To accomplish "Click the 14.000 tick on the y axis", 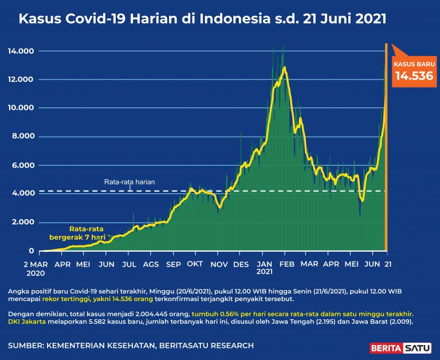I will pyautogui.click(x=21, y=52).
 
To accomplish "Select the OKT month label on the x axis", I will pyautogui.click(x=195, y=264).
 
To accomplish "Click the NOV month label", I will pyautogui.click(x=218, y=264).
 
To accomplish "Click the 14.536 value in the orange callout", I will pyautogui.click(x=412, y=76).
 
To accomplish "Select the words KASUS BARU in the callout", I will pyautogui.click(x=412, y=64).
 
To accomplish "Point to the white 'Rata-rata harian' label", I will pyautogui.click(x=129, y=182).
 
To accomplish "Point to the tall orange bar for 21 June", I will pyautogui.click(x=386, y=149).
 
